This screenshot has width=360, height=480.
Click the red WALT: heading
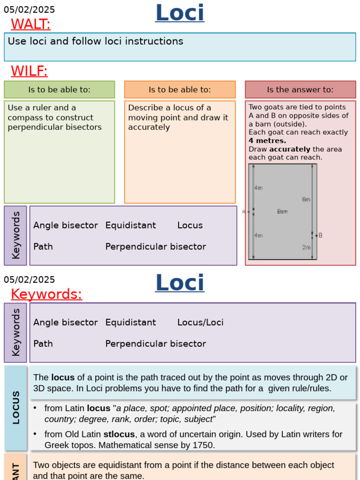[30, 24]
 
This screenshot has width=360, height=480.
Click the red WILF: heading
[29, 71]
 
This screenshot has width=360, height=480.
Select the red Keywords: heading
[46, 294]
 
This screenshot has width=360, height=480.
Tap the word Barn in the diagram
[282, 211]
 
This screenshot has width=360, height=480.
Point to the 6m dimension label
[306, 199]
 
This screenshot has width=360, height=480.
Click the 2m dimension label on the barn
[306, 247]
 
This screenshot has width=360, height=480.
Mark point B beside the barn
[320, 235]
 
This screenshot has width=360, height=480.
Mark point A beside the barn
[244, 212]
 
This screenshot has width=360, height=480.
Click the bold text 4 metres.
[267, 141]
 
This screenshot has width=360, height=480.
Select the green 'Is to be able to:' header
[59, 90]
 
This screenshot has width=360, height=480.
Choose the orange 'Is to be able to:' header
[180, 90]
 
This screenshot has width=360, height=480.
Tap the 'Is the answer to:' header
[300, 90]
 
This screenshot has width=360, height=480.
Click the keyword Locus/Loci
[200, 322]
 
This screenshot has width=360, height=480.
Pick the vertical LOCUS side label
[16, 407]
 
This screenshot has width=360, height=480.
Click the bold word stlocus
[119, 434]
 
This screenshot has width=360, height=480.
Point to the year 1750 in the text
[203, 445]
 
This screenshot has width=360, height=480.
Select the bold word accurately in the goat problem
[290, 149]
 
